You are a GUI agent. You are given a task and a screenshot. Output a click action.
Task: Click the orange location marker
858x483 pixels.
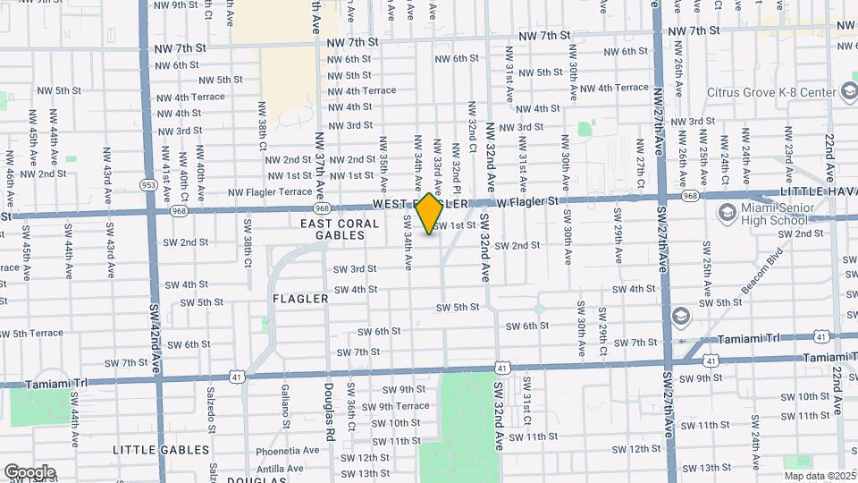point(430,213)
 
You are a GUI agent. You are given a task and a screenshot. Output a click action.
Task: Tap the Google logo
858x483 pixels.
point(29,471)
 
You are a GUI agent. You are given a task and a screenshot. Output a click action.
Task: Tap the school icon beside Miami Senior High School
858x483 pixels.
point(725,214)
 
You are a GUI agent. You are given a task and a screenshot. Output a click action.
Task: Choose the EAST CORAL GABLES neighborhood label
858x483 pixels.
point(332,229)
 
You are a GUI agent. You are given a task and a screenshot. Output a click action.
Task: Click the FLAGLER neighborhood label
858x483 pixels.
point(301,299)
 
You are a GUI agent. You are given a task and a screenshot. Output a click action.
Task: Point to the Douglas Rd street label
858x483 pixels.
point(329,403)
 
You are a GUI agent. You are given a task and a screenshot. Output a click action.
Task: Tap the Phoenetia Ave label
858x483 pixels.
point(287,451)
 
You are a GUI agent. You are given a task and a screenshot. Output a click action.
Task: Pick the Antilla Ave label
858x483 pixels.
point(280,468)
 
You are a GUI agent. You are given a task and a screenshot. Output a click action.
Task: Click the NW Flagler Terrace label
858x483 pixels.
point(270,191)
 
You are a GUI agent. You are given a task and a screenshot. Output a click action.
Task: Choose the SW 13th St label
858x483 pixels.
point(707,467)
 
